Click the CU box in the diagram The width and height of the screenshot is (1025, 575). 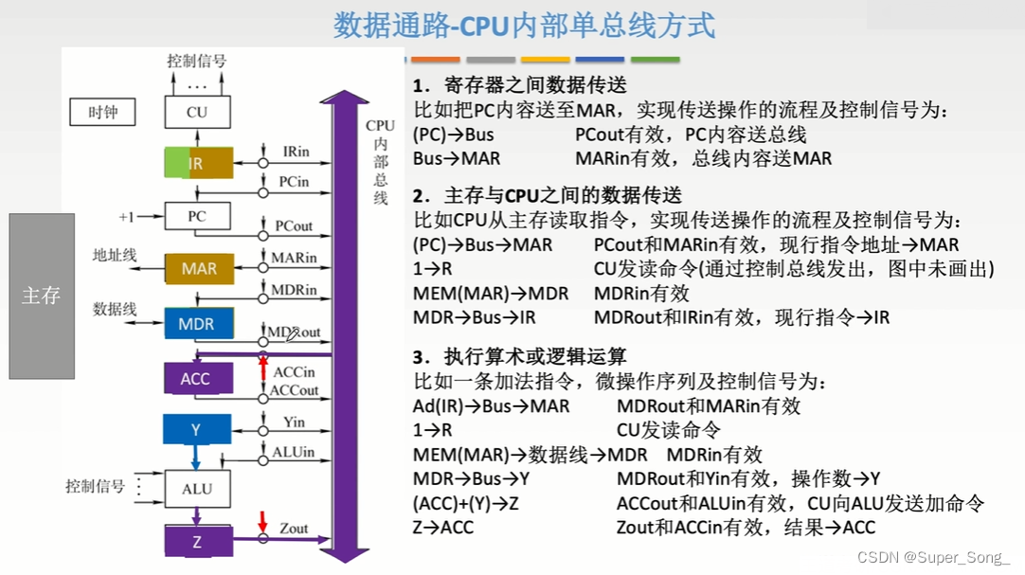click(x=197, y=113)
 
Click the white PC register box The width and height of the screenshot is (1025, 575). click(x=197, y=216)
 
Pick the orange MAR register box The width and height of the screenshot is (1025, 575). click(x=198, y=269)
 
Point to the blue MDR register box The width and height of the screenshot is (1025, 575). click(x=197, y=324)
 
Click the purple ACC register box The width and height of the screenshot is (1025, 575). click(x=195, y=379)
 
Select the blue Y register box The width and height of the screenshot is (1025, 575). click(x=196, y=430)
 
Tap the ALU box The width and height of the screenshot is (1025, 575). click(x=197, y=489)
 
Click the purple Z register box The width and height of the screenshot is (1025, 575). click(x=197, y=542)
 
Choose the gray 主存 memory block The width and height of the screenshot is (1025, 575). click(x=42, y=296)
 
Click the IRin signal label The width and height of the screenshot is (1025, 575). click(x=296, y=152)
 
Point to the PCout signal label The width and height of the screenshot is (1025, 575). click(x=294, y=226)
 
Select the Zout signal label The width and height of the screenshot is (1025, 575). click(x=294, y=528)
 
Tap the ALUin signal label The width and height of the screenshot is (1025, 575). click(x=294, y=452)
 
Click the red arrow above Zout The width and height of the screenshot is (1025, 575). click(x=263, y=521)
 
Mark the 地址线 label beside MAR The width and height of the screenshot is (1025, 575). click(x=115, y=255)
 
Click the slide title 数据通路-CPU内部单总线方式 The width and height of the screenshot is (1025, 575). click(x=524, y=26)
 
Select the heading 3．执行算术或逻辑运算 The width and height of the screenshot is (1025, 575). click(x=519, y=357)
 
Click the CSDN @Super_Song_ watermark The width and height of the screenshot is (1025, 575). click(x=933, y=558)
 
